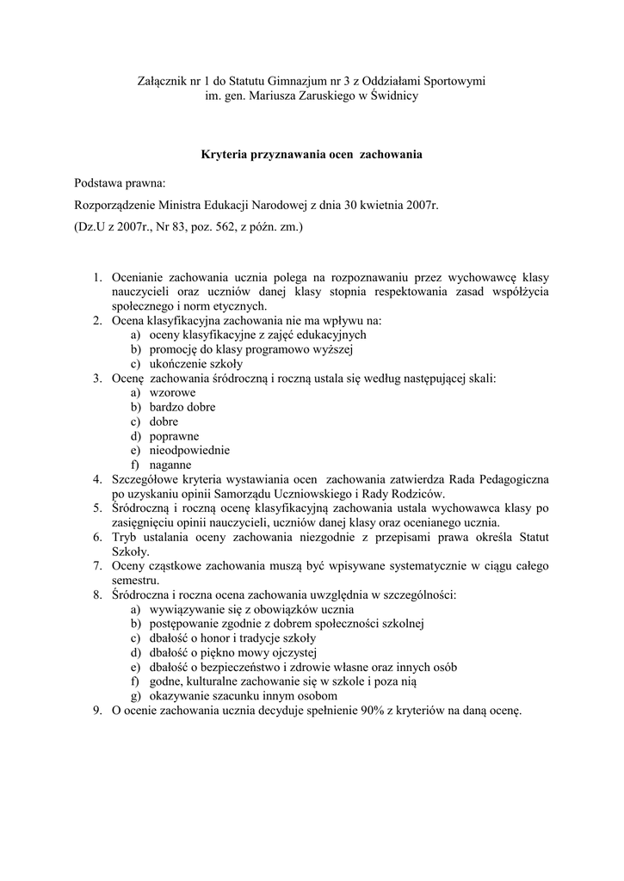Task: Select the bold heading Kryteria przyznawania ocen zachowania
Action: (x=312, y=156)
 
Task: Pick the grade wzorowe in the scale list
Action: (x=172, y=392)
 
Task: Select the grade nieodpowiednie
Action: (x=189, y=450)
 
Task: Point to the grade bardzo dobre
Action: (x=182, y=407)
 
